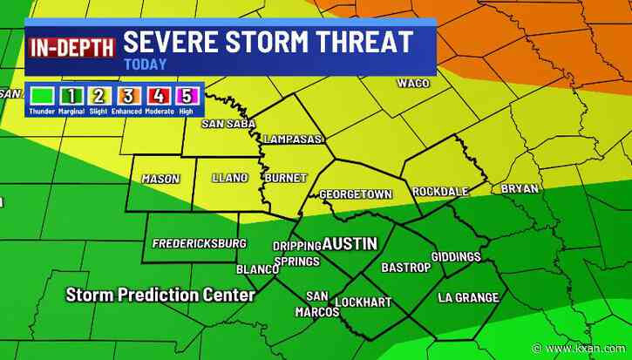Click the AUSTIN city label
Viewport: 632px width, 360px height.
pyautogui.click(x=350, y=244)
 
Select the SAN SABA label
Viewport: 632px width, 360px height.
pyautogui.click(x=228, y=124)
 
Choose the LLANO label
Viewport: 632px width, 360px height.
pyautogui.click(x=230, y=178)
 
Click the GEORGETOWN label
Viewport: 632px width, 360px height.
pyautogui.click(x=355, y=194)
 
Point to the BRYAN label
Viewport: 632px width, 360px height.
pyautogui.click(x=520, y=188)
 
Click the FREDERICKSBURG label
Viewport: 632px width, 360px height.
pyautogui.click(x=200, y=243)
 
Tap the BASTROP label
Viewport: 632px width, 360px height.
pyautogui.click(x=405, y=268)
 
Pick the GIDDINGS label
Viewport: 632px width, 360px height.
pyautogui.click(x=456, y=256)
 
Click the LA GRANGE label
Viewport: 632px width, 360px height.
pyautogui.click(x=468, y=297)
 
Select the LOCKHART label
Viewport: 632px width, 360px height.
pyautogui.click(x=364, y=302)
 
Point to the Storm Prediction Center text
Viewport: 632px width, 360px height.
pyautogui.click(x=160, y=295)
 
